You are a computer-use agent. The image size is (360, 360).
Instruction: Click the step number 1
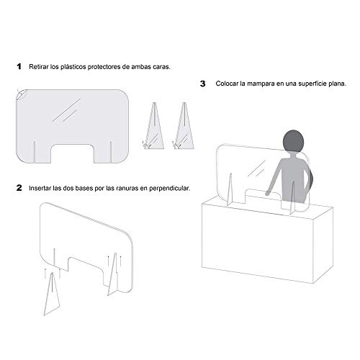(x=19, y=66)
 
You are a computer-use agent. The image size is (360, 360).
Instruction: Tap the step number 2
(x=19, y=188)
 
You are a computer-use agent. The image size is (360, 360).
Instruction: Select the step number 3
(x=203, y=84)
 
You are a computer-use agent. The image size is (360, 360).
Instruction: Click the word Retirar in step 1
(x=38, y=67)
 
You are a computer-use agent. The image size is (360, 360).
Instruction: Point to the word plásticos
(x=73, y=67)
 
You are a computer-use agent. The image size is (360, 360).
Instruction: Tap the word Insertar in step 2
(x=40, y=188)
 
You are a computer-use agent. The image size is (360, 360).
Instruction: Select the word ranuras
(x=127, y=189)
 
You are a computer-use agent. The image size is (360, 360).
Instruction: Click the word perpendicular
(x=169, y=189)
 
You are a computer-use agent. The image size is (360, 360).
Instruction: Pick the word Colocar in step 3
(x=227, y=84)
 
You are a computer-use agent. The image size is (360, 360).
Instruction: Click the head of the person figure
(x=294, y=141)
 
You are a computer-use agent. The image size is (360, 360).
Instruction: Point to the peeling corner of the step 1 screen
(x=22, y=94)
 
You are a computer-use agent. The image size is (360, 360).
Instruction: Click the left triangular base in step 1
(x=154, y=126)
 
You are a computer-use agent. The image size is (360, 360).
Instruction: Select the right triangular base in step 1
(x=184, y=126)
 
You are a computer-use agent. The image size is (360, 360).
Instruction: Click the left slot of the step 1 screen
(x=35, y=152)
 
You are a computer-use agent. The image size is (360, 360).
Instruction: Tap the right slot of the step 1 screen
(x=111, y=152)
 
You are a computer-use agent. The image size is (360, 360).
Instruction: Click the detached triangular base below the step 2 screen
(x=52, y=294)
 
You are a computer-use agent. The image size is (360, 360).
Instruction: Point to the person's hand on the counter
(x=267, y=193)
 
